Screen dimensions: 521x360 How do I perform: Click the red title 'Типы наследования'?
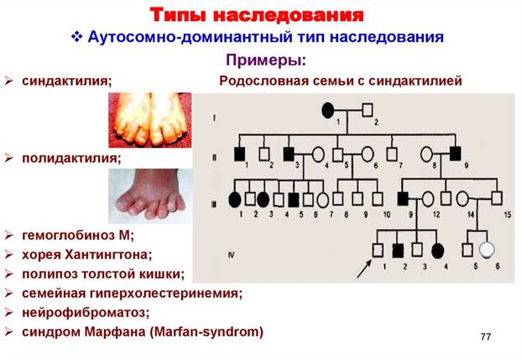tap(257, 15)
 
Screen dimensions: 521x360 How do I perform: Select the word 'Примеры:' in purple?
tap(266, 60)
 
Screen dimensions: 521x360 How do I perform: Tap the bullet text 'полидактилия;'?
tap(71, 159)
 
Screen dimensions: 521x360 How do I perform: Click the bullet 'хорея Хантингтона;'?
tap(86, 255)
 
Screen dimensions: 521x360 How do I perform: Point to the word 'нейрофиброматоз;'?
tap(86, 313)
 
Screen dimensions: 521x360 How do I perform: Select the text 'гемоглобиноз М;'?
tap(78, 236)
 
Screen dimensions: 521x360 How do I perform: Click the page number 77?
tap(486, 337)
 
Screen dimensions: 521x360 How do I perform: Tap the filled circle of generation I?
tap(328, 111)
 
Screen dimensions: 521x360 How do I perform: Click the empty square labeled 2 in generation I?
tap(367, 110)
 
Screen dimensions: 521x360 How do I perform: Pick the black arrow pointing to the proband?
tap(364, 269)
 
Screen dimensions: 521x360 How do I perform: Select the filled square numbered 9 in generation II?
tap(456, 154)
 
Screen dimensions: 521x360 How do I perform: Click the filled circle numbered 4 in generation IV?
tap(438, 251)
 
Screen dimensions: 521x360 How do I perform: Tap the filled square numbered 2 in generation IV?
tap(398, 251)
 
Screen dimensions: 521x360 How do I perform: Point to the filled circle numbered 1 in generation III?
tap(235, 200)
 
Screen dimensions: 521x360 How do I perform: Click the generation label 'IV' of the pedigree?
tap(232, 255)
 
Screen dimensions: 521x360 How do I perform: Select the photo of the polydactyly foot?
tap(150, 196)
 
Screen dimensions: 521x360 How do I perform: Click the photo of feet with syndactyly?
tap(150, 120)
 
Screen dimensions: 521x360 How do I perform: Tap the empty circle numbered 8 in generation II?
tap(427, 154)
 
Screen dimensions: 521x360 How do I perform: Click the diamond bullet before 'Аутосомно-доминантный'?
tap(76, 37)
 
